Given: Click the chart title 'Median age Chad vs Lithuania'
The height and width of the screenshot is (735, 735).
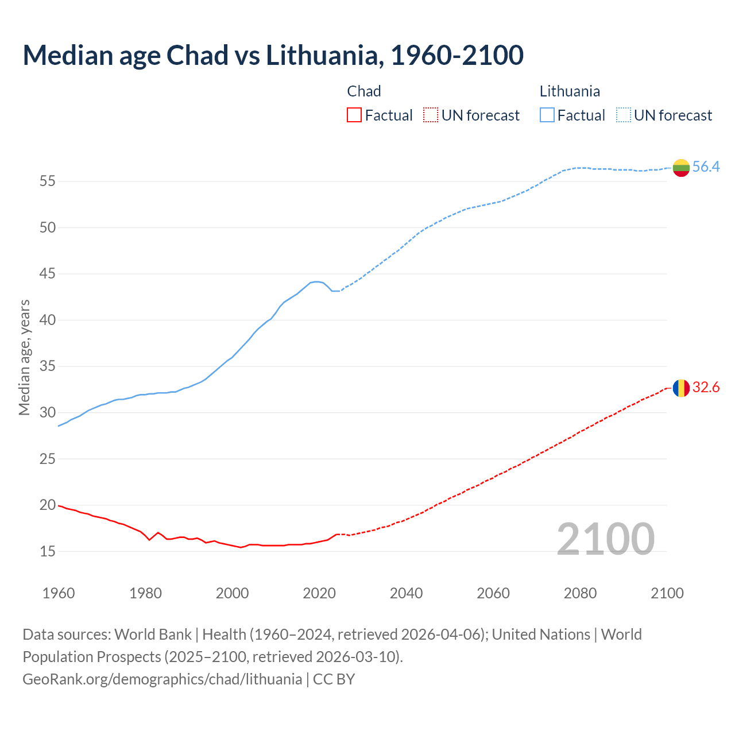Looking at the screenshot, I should [x=273, y=55].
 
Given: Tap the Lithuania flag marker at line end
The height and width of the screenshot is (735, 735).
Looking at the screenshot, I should [x=681, y=168].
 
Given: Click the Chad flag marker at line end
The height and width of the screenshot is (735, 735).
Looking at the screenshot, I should [x=681, y=388].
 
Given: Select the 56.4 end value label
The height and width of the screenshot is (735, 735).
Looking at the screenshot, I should [x=706, y=167].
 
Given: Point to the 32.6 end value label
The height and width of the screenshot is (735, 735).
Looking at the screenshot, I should [x=706, y=388].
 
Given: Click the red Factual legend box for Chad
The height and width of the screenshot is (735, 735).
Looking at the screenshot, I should [x=354, y=115].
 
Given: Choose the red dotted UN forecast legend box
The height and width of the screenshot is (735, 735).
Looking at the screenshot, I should [x=431, y=115].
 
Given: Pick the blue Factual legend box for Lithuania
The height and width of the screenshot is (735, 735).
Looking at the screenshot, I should [x=547, y=115].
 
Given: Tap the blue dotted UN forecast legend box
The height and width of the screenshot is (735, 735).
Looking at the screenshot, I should [x=623, y=115].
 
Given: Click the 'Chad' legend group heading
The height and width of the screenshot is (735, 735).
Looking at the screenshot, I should [x=364, y=91].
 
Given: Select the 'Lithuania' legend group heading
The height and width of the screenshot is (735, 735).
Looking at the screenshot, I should [x=570, y=91].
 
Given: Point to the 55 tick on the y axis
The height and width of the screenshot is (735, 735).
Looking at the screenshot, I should [x=48, y=181].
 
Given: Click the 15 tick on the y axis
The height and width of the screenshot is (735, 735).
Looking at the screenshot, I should [x=48, y=552].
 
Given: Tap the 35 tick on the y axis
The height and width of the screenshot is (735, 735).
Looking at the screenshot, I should [x=48, y=366].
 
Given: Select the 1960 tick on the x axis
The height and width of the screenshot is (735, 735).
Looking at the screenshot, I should [x=59, y=593].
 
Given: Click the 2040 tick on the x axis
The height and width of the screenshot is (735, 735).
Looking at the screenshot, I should [x=406, y=593].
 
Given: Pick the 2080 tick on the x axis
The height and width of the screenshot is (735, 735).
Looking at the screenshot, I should [x=580, y=593].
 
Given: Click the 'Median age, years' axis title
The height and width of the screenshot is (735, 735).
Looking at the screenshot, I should [x=24, y=357].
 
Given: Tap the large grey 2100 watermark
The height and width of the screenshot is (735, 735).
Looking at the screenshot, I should [x=606, y=539].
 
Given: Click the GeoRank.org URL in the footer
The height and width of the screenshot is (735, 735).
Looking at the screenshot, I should [x=162, y=679].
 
